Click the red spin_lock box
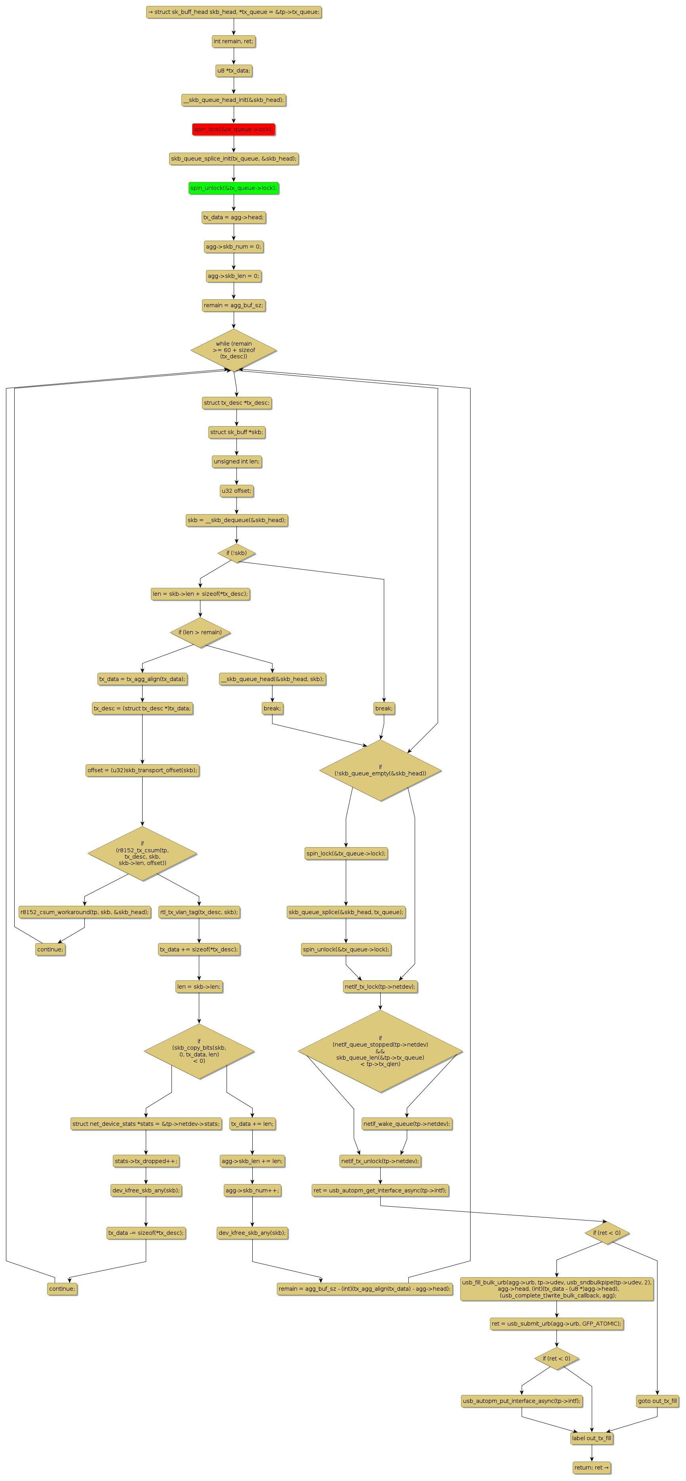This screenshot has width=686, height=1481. [x=233, y=129]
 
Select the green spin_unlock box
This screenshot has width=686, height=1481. [x=233, y=188]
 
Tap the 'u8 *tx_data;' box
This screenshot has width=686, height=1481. [x=233, y=71]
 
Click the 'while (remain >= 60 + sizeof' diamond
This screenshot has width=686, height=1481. [x=233, y=350]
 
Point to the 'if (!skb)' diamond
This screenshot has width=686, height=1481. [x=236, y=553]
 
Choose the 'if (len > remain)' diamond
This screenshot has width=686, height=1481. [x=200, y=632]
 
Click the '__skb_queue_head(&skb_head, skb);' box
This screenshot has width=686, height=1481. [x=272, y=679]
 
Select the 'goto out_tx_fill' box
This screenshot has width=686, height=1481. [x=657, y=1401]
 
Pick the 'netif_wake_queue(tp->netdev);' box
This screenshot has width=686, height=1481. [x=407, y=1123]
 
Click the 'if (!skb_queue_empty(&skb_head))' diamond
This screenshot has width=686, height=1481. [x=380, y=770]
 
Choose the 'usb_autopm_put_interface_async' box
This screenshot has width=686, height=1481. [x=522, y=1401]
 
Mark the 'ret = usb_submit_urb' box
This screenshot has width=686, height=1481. [x=556, y=1324]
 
